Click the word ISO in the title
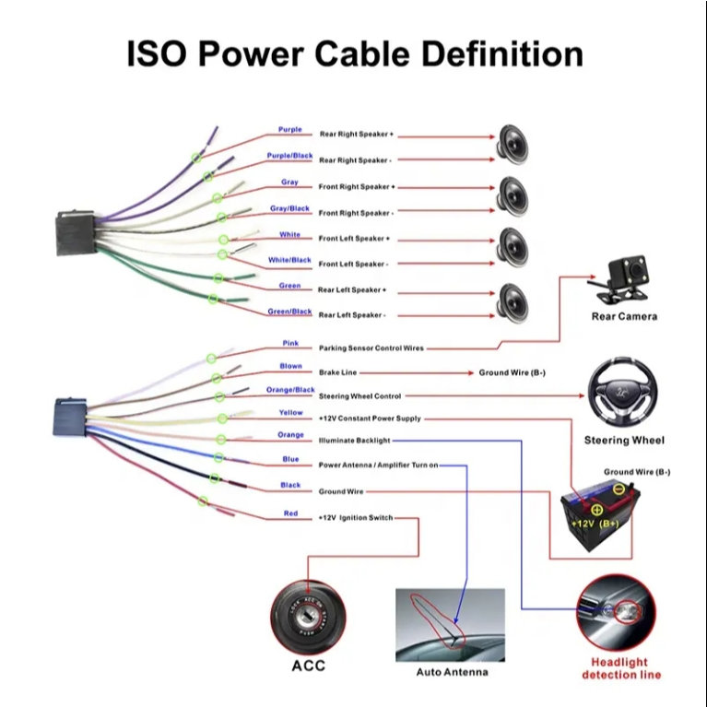click(x=157, y=53)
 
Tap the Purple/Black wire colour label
click(x=289, y=156)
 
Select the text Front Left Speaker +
click(x=354, y=239)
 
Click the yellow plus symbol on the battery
click(x=596, y=510)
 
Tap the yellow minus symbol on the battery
click(x=619, y=489)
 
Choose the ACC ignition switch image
click(x=309, y=618)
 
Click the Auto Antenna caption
click(x=452, y=672)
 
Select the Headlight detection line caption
click(x=621, y=668)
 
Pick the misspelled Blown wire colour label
click(x=291, y=366)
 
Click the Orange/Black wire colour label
click(x=290, y=390)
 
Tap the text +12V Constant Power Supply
click(x=370, y=418)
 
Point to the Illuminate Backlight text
click(x=354, y=441)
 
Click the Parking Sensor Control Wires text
click(x=371, y=348)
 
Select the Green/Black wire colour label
click(x=289, y=312)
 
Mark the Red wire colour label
click(x=291, y=513)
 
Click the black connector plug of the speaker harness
click(x=76, y=233)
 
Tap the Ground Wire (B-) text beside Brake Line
click(x=513, y=373)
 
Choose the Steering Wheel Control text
click(x=359, y=396)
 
